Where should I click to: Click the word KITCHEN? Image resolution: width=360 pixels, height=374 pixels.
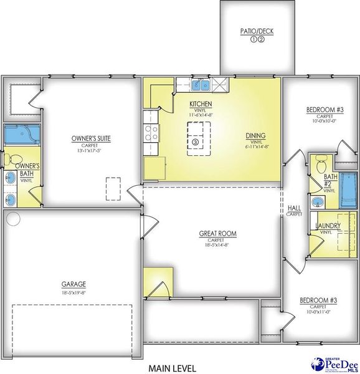click(x=201, y=103)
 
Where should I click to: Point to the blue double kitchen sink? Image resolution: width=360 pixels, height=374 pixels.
click(x=201, y=85)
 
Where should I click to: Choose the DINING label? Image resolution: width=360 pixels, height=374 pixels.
click(x=255, y=135)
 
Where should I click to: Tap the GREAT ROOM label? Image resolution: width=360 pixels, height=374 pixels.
click(x=217, y=234)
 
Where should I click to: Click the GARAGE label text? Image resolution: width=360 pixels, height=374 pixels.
click(x=73, y=283)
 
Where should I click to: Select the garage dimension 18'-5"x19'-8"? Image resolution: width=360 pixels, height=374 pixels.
click(x=73, y=291)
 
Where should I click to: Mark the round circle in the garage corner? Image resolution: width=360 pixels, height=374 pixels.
click(x=14, y=219)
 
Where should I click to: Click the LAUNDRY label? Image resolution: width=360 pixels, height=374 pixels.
click(x=326, y=225)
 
